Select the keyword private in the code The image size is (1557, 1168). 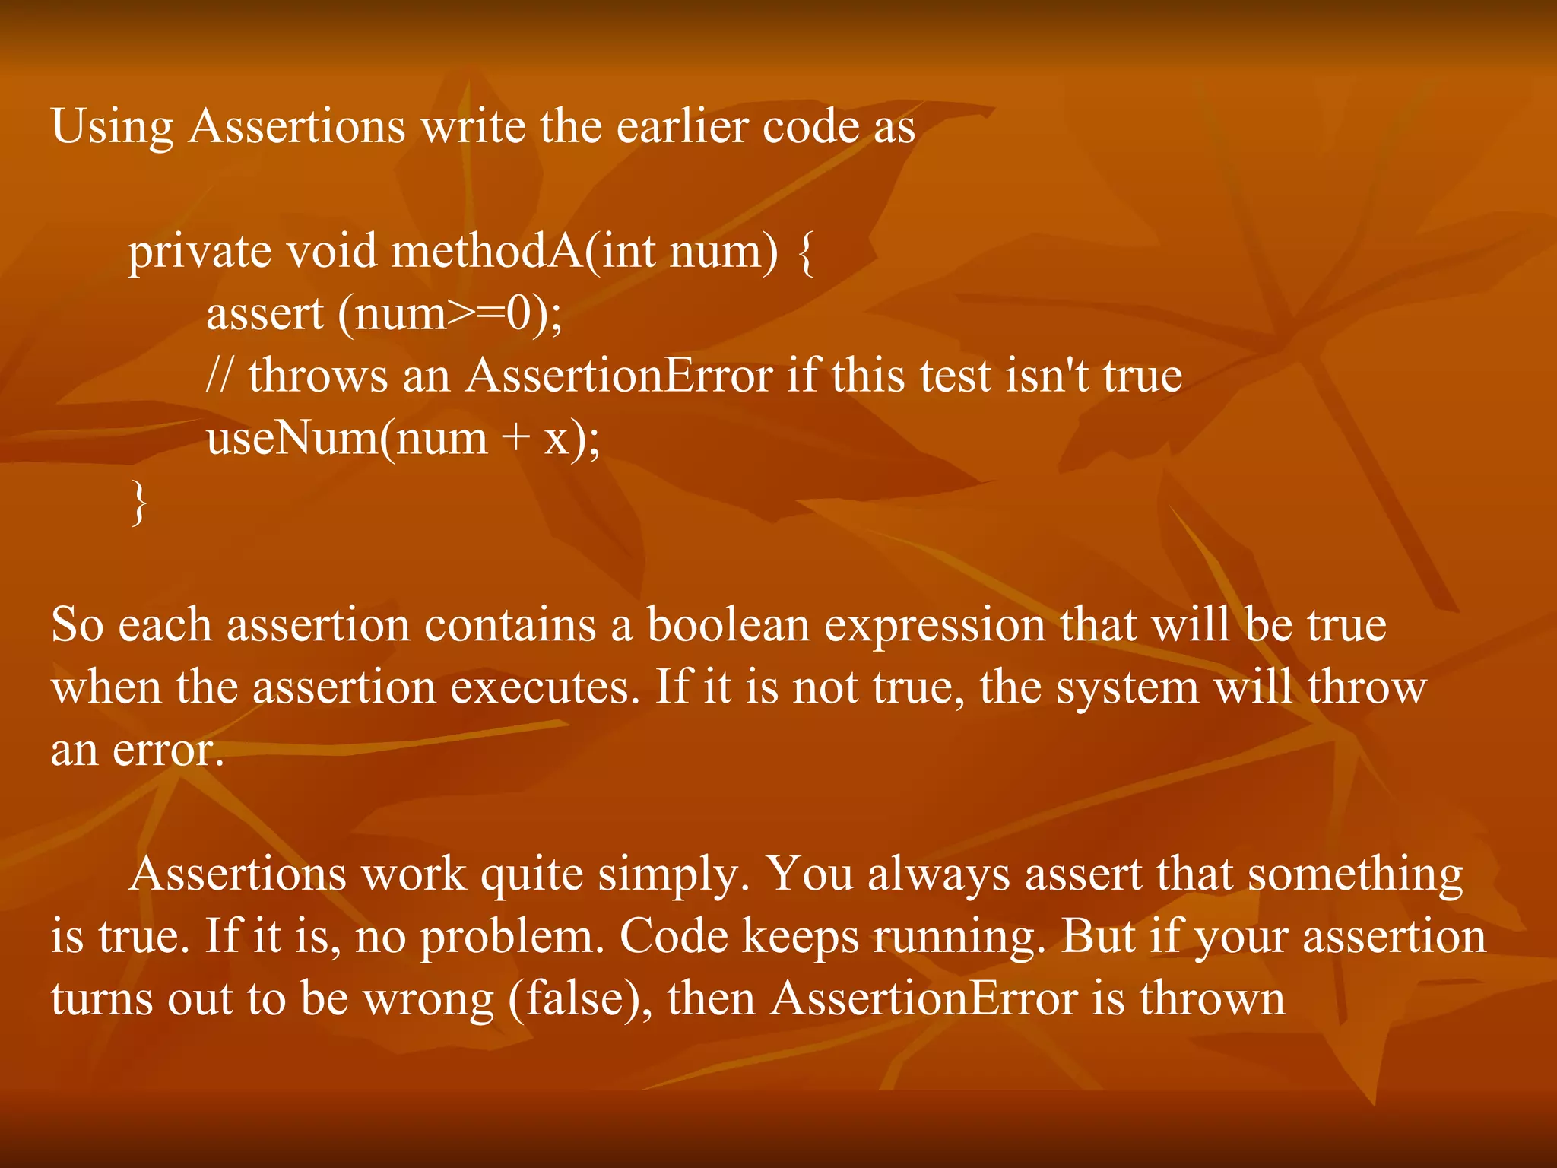[x=199, y=252]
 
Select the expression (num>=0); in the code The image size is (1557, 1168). [x=450, y=313]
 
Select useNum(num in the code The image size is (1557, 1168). [x=347, y=438]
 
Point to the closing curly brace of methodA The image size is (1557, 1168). [x=138, y=502]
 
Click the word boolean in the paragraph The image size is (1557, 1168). [x=728, y=625]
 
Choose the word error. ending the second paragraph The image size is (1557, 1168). [x=168, y=751]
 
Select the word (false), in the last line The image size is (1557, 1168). [x=579, y=999]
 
